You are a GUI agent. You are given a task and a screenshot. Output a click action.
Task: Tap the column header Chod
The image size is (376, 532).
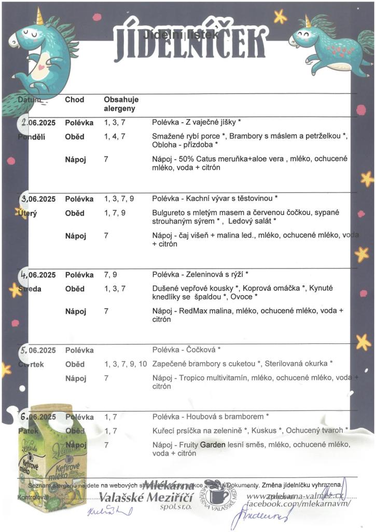(75, 100)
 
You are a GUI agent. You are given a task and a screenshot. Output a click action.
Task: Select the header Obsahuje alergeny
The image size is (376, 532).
(121, 104)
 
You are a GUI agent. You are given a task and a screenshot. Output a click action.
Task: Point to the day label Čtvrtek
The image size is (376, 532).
(31, 364)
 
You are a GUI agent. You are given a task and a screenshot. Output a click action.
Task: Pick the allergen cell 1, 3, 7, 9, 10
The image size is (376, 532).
(126, 364)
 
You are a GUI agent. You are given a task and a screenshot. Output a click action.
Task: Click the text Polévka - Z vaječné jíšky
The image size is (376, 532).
(197, 123)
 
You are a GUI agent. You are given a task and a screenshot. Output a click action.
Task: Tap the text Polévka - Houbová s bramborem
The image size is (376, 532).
(210, 417)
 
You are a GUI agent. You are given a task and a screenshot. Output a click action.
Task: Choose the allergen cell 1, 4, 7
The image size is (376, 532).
(115, 137)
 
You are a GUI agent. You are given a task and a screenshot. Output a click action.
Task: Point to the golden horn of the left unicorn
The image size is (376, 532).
(39, 16)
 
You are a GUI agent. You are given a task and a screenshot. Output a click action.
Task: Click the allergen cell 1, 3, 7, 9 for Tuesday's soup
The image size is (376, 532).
(119, 199)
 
